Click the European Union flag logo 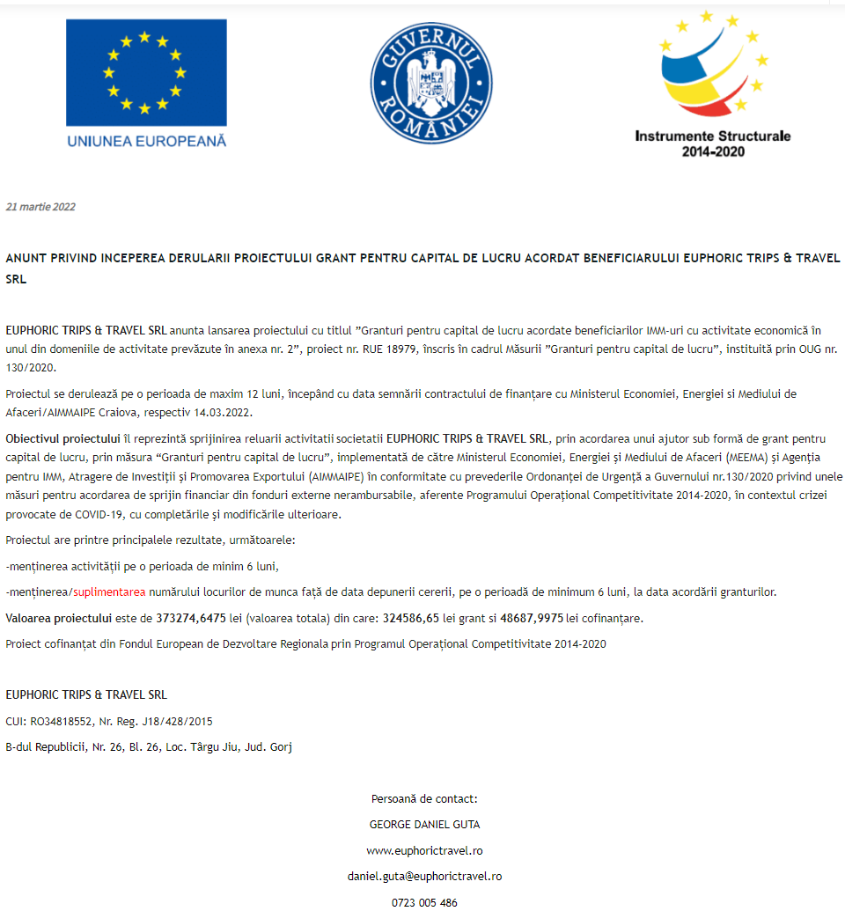tap(146, 73)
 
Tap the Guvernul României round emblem tap(430, 84)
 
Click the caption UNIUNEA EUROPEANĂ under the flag tap(146, 141)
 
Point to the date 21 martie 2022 tap(40, 207)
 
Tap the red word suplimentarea tap(109, 591)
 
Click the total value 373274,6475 tap(191, 618)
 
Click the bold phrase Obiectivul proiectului tap(62, 438)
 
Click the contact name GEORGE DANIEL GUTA tap(424, 825)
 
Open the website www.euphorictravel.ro tap(424, 851)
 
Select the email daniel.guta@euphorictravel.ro tap(424, 877)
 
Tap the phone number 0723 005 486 tap(424, 902)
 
